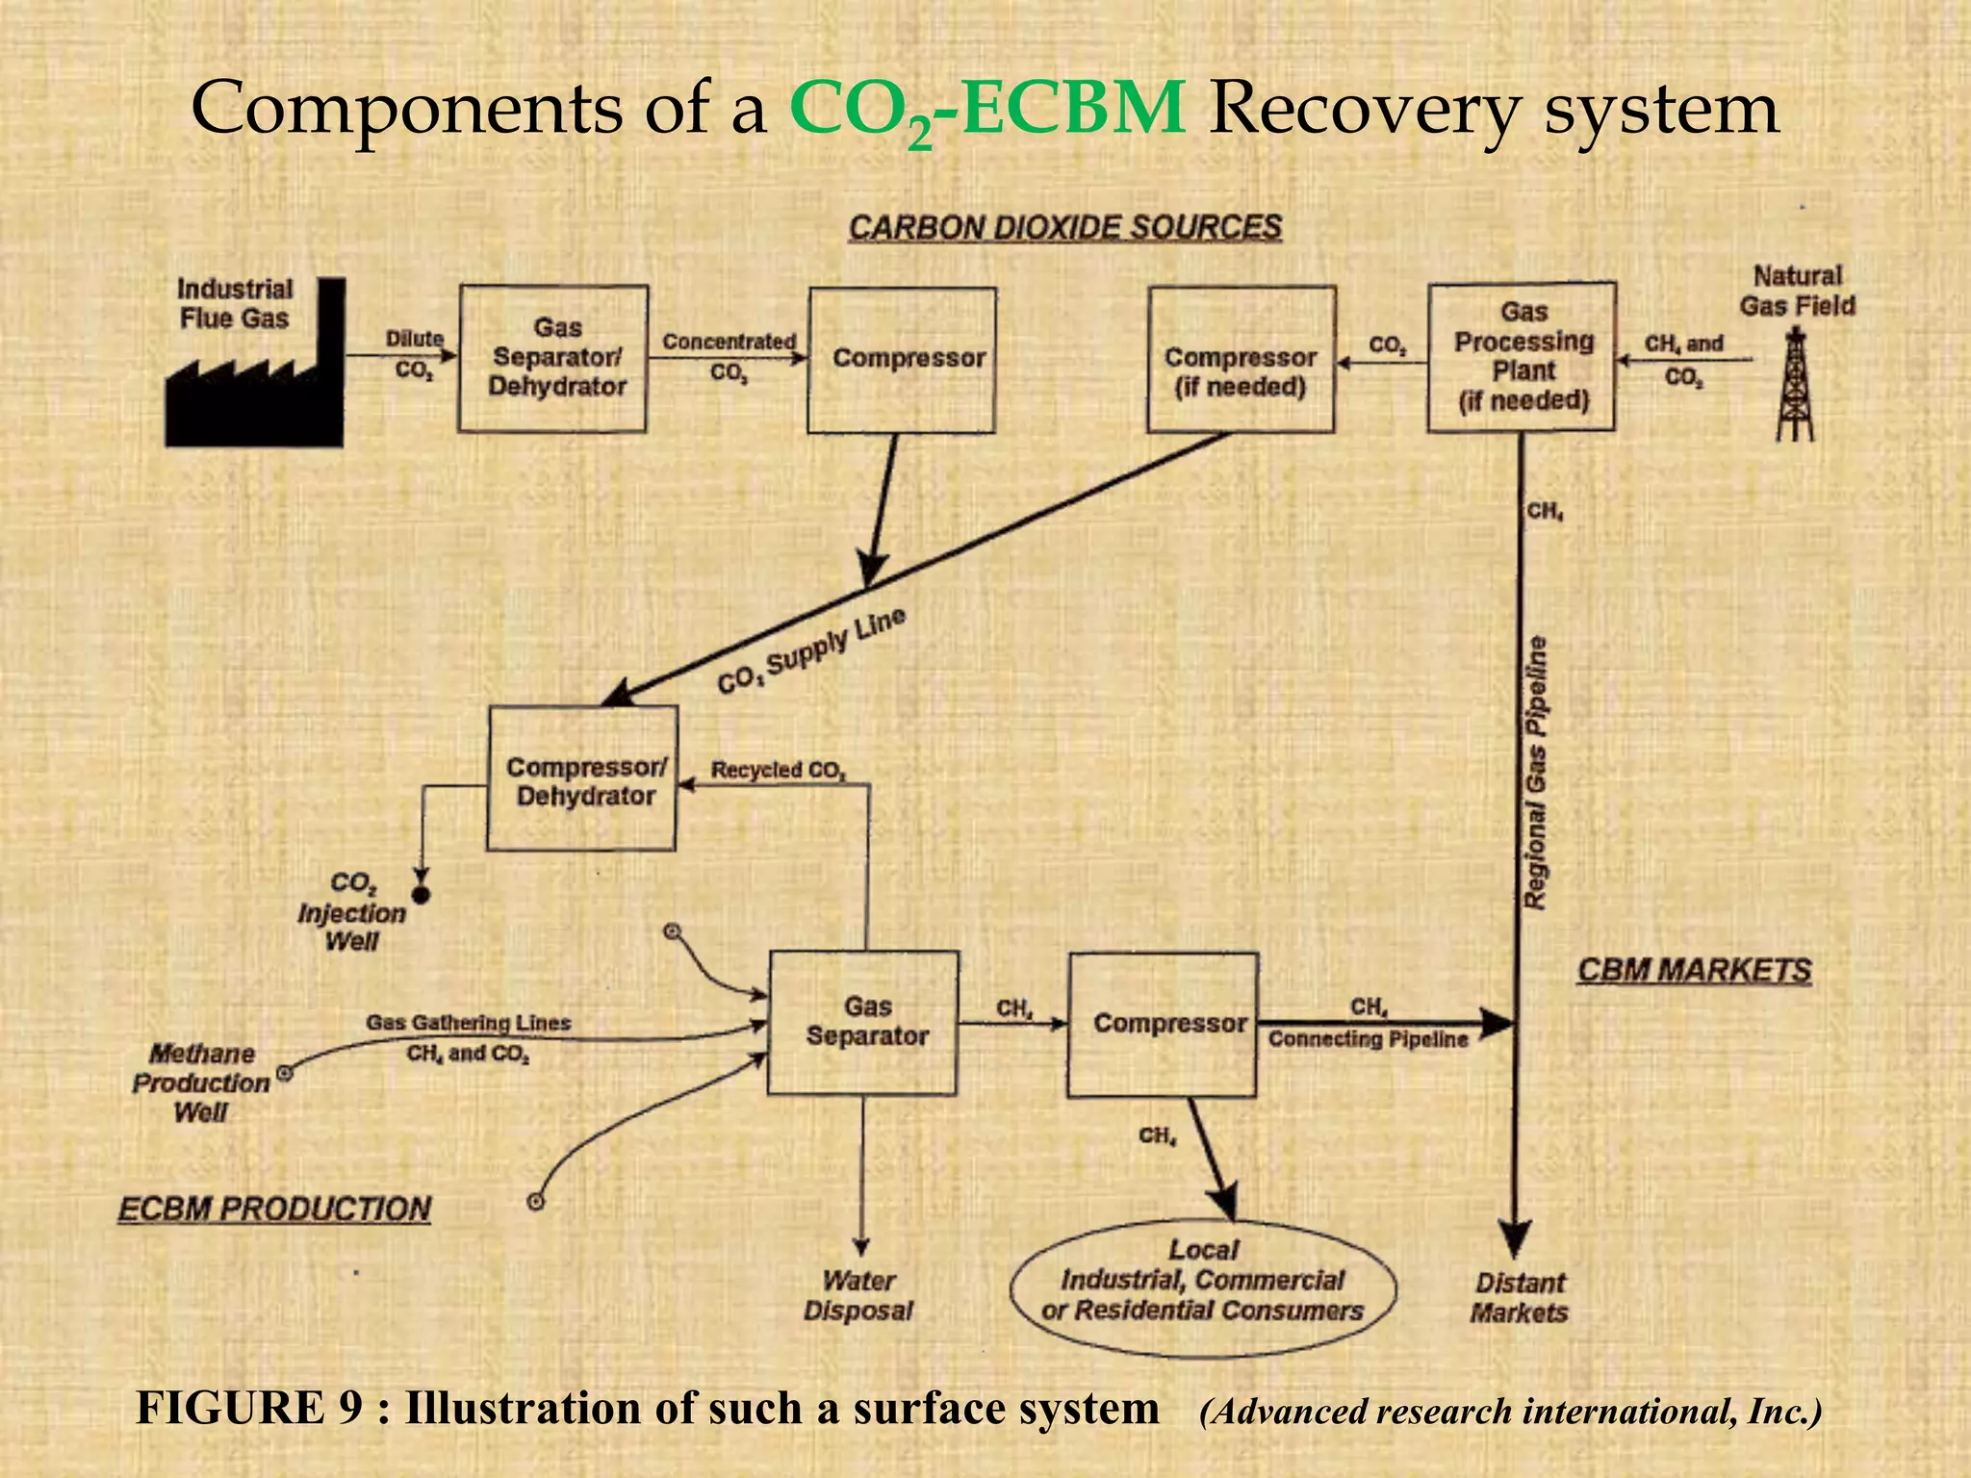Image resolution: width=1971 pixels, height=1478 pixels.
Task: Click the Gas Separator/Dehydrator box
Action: click(x=553, y=358)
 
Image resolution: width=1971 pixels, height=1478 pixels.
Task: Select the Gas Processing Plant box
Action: click(x=1521, y=357)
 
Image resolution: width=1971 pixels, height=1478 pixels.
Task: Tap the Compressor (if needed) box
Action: click(x=1241, y=359)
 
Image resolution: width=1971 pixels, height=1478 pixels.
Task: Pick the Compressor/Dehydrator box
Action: click(x=581, y=778)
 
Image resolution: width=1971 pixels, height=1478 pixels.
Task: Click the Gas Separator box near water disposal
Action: click(x=863, y=1023)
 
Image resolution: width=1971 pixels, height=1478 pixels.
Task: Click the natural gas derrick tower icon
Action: click(x=1795, y=385)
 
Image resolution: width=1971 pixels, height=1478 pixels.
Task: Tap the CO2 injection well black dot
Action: click(x=421, y=895)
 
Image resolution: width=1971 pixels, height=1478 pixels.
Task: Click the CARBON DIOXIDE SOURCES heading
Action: click(x=1064, y=228)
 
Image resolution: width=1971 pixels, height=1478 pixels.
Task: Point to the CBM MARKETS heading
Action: click(x=1694, y=970)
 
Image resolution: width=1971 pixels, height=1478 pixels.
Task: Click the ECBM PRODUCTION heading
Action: click(x=274, y=1209)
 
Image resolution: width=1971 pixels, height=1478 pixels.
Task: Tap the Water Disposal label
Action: click(x=858, y=1295)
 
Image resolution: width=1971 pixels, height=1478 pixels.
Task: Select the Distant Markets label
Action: click(x=1520, y=1297)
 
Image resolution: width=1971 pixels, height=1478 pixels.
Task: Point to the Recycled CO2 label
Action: click(x=778, y=770)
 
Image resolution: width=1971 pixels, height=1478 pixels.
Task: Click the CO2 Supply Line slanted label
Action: click(x=811, y=651)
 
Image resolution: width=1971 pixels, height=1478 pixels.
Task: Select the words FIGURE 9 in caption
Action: click(x=249, y=1408)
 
